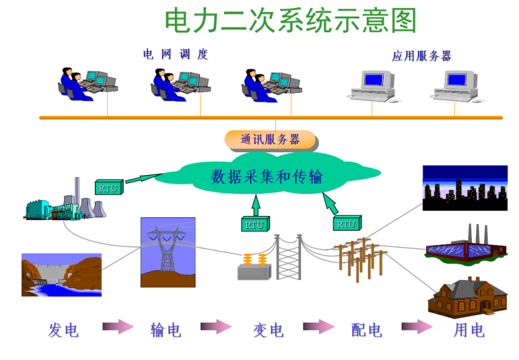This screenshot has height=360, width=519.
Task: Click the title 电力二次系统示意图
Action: click(x=290, y=21)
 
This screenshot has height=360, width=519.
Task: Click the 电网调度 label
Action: click(x=175, y=55)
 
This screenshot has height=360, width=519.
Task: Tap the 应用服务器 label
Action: click(x=421, y=56)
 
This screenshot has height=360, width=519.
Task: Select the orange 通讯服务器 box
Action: click(x=271, y=140)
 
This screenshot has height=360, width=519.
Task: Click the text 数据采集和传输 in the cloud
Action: click(x=267, y=178)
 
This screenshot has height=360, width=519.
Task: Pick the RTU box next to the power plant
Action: click(x=107, y=187)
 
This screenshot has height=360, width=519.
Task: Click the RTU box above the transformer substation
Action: click(x=255, y=223)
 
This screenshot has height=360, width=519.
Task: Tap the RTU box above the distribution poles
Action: click(x=346, y=223)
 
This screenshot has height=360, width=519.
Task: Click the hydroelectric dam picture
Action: click(x=61, y=275)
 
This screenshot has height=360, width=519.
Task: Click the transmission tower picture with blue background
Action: click(x=167, y=252)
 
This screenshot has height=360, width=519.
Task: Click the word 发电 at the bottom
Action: click(x=64, y=331)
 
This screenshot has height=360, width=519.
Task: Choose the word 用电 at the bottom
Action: click(x=469, y=331)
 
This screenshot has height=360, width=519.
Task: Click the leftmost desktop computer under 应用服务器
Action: click(x=372, y=85)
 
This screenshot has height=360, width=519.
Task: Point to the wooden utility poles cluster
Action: click(x=358, y=256)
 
